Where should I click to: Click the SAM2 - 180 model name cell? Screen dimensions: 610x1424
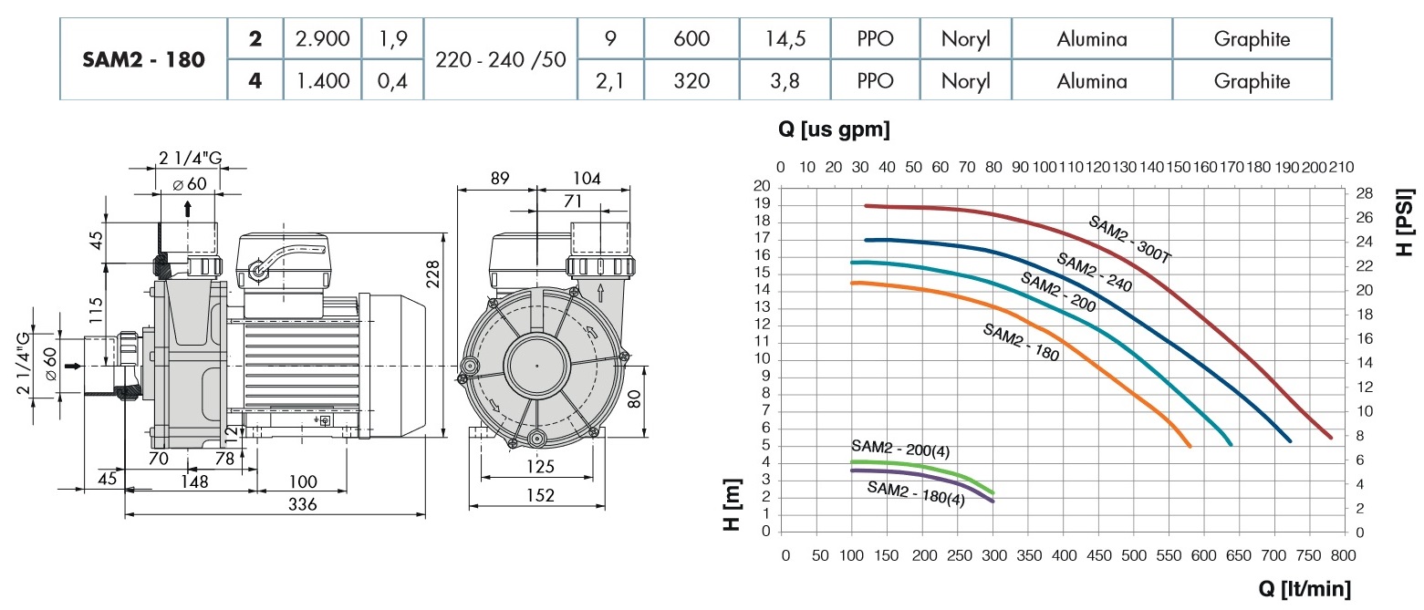(x=142, y=60)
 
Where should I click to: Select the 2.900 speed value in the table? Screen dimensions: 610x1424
(x=323, y=38)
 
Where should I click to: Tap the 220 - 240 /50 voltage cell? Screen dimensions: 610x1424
(x=501, y=60)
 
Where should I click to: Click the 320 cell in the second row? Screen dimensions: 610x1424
(x=689, y=81)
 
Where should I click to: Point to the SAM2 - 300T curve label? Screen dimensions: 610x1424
(x=1129, y=240)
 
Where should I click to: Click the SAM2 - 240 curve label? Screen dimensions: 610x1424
(x=1092, y=272)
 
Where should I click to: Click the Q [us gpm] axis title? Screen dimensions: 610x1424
(x=834, y=130)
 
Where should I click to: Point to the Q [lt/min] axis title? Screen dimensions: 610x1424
(x=1304, y=588)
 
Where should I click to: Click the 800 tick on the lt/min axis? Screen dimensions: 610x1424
(x=1343, y=554)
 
